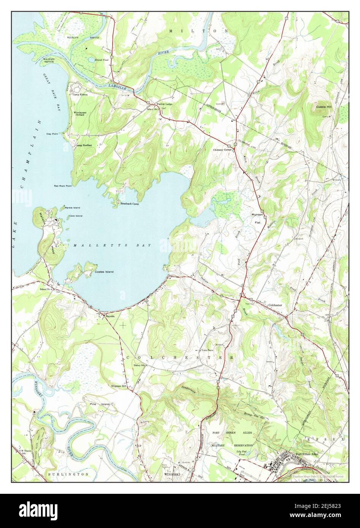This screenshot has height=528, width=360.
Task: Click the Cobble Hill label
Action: tap(324, 107)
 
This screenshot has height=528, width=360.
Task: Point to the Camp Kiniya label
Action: tap(80, 95)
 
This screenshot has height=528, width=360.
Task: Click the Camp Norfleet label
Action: tap(84, 145)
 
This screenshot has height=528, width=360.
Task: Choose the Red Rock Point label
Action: tap(63, 186)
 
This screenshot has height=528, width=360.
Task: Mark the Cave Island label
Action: tap(75, 216)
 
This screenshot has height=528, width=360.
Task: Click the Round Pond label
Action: tap(96, 60)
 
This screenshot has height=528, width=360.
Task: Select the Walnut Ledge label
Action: tap(164, 104)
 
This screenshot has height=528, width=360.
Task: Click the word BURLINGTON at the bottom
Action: tap(68, 474)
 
